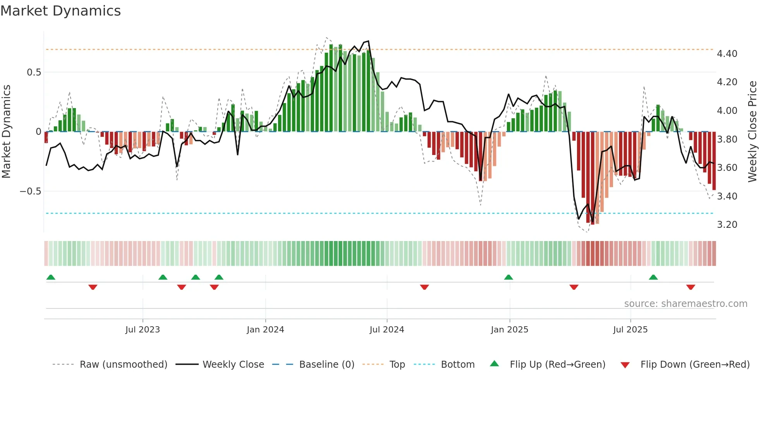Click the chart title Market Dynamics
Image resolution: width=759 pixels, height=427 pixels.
[60, 11]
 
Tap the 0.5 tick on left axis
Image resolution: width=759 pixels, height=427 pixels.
[34, 72]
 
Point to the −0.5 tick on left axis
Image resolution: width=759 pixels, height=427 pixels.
[30, 191]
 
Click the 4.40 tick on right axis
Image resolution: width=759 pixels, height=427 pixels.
[727, 54]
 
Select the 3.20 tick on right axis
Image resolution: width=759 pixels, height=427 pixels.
[727, 225]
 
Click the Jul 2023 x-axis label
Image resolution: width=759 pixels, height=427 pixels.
[143, 330]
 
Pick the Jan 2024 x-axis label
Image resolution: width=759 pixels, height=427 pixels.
[265, 330]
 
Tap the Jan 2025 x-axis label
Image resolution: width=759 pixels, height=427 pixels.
[509, 330]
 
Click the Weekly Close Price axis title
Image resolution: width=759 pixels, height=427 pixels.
[752, 131]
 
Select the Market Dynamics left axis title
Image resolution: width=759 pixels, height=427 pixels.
[6, 131]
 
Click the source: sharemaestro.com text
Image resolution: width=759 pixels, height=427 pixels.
[685, 304]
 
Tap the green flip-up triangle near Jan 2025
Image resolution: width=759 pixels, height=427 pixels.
[508, 277]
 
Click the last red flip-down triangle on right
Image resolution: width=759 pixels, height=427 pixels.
[690, 287]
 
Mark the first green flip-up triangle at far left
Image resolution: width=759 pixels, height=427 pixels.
[51, 277]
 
